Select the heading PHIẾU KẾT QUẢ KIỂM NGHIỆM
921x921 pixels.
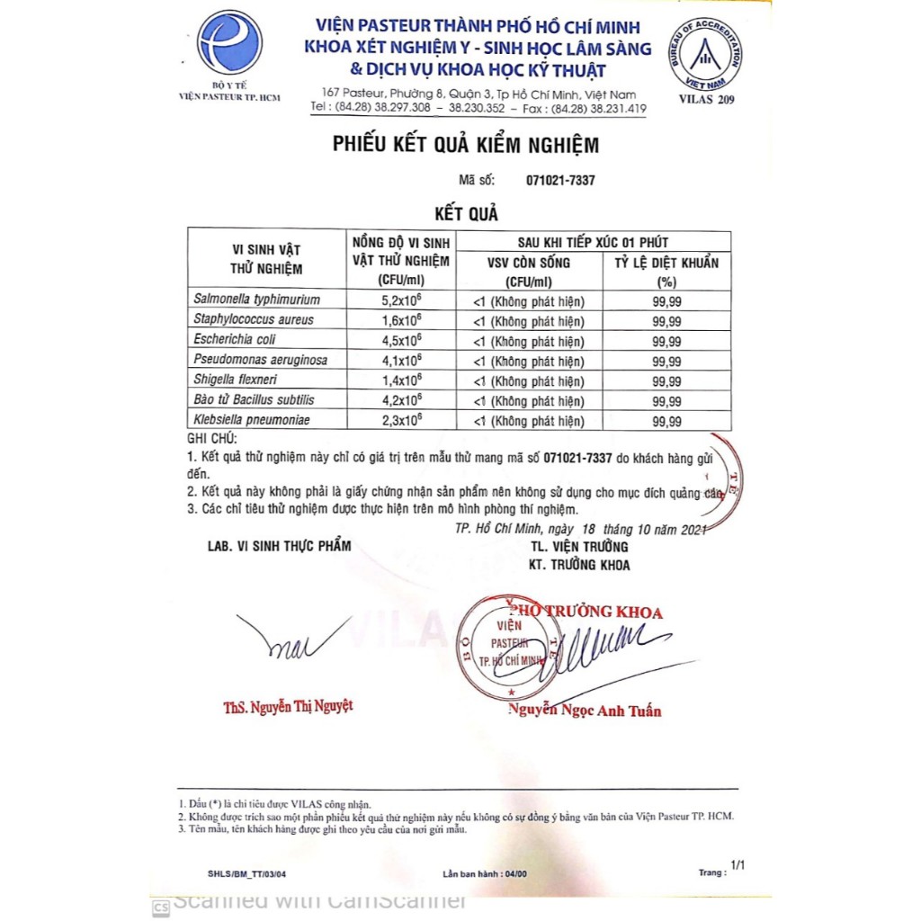click(x=465, y=144)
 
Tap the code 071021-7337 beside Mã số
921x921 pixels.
click(x=559, y=180)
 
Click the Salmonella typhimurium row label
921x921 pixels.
click(x=256, y=300)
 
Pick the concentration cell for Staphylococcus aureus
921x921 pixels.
click(x=402, y=319)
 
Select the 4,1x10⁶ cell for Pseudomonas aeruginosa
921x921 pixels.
click(x=402, y=360)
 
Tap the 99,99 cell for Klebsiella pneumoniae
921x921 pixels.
click(x=666, y=420)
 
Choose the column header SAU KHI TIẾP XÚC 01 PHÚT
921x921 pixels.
click(x=593, y=242)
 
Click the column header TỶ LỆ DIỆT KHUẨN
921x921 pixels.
click(x=666, y=262)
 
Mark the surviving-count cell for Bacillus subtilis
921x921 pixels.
click(x=528, y=400)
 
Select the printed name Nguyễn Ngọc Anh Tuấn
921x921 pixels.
click(x=585, y=711)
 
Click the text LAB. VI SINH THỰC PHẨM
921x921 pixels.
click(x=279, y=546)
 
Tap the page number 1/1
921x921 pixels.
click(x=738, y=865)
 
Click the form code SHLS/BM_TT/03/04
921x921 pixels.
click(x=240, y=873)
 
